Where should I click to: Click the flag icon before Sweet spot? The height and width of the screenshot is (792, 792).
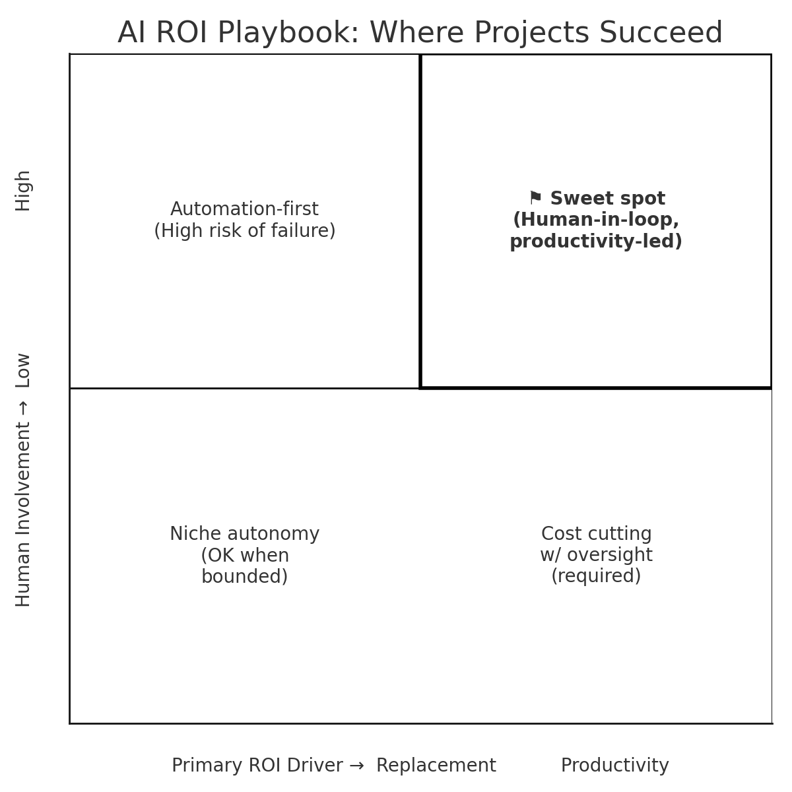point(535,198)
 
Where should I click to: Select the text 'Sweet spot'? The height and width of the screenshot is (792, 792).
point(607,199)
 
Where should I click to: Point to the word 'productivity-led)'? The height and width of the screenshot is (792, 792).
point(596,242)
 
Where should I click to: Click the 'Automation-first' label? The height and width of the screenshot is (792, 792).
point(244,209)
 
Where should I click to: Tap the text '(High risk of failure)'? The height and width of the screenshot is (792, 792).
point(244,231)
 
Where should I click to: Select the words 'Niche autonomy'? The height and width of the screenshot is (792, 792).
point(244,534)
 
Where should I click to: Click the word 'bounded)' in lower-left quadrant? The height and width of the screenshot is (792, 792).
point(244,577)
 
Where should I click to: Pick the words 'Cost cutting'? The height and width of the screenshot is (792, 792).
point(596,534)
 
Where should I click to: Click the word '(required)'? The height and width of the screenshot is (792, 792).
point(596,576)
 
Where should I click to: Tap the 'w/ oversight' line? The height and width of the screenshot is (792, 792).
point(596,555)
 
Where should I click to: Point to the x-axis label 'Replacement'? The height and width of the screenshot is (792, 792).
point(436,766)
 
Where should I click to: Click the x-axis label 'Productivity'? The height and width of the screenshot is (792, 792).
point(614,766)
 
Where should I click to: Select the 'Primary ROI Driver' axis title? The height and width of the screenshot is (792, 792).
point(257,766)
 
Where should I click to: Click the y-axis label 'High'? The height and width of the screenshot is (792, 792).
point(23,191)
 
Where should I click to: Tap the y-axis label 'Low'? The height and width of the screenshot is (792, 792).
point(23,370)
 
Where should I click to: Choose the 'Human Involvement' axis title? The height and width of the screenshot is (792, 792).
point(23,515)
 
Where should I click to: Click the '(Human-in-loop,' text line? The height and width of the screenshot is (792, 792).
point(596,220)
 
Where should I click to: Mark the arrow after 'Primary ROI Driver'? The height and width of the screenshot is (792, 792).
point(356,766)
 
